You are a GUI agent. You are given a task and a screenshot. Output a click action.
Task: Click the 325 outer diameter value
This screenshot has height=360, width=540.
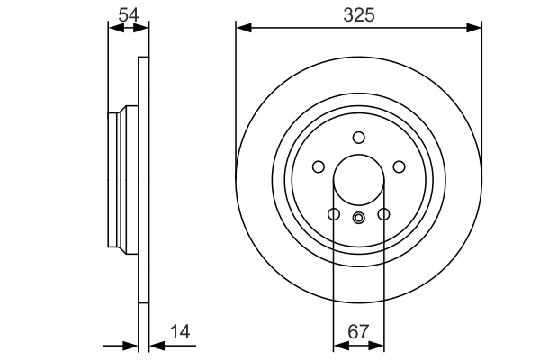point(357,15)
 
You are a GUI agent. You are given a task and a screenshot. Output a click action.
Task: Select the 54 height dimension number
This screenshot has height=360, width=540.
point(127,14)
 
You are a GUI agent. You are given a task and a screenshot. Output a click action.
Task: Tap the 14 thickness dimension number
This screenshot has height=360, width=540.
point(181,333)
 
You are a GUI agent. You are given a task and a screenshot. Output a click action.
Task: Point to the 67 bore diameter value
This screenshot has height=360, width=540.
point(358,333)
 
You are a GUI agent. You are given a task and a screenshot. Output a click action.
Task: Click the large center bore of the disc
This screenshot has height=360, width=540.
point(358,177)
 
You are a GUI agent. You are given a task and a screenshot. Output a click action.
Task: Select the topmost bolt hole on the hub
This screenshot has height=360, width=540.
point(358,138)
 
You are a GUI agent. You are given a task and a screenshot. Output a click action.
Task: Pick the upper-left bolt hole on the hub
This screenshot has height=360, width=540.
point(318,166)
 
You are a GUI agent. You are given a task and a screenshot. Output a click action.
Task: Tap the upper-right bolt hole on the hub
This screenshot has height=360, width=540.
point(399,166)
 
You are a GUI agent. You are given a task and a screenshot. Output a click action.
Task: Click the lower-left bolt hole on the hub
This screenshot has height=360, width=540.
point(333,214)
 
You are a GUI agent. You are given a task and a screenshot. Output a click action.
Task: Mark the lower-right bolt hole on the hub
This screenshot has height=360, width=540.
point(383,214)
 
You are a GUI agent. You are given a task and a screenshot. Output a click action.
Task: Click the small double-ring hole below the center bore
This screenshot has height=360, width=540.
point(358,216)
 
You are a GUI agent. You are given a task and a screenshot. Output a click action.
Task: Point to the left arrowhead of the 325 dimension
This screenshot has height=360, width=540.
point(241,29)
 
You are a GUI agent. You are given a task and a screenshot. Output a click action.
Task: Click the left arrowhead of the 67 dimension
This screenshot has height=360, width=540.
point(338,346)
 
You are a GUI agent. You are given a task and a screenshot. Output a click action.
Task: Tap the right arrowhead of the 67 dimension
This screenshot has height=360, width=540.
point(378,346)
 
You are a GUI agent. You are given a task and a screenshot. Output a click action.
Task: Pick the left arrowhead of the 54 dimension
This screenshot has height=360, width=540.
point(112,29)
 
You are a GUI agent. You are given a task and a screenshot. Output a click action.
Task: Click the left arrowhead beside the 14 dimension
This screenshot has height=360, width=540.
point(132,346)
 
